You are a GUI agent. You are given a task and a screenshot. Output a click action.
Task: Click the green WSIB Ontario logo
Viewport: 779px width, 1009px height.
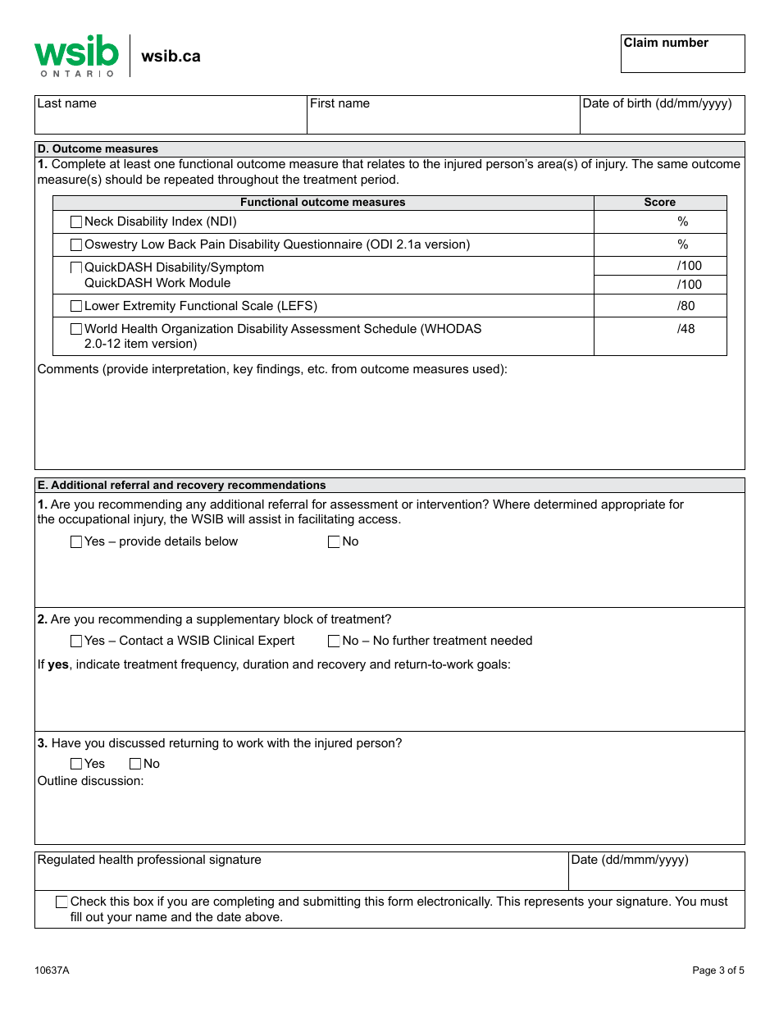tap(76, 56)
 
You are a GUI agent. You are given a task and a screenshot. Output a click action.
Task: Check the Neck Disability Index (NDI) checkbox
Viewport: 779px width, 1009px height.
tap(76, 221)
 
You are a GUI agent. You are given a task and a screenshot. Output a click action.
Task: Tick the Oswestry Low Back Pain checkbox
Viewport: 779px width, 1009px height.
tap(76, 244)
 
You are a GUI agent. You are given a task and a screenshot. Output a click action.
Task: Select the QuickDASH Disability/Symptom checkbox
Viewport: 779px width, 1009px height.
tap(76, 267)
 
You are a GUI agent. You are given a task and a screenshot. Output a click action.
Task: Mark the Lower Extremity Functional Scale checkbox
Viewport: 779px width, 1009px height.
tap(76, 306)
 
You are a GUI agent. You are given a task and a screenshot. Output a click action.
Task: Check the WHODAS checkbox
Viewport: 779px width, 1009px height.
tap(76, 329)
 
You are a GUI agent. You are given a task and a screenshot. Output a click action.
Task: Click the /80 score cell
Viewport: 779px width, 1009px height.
tap(660, 306)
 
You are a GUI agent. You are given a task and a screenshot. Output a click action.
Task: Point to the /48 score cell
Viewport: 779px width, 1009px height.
tap(660, 336)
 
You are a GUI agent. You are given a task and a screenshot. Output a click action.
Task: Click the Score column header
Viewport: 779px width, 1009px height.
tap(660, 203)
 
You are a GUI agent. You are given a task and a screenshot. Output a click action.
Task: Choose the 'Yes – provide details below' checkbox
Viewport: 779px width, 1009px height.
tap(76, 541)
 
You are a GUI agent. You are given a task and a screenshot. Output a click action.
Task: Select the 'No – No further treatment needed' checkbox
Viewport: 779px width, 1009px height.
tap(334, 641)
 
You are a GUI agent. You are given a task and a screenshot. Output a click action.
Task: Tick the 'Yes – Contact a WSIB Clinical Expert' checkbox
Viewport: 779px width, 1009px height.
tap(76, 641)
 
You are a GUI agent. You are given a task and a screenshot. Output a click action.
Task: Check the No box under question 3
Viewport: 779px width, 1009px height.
tap(135, 764)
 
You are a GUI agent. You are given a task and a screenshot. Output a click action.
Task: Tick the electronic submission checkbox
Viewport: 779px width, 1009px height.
tap(61, 902)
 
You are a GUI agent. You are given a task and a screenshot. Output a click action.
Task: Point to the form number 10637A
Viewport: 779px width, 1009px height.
tap(52, 970)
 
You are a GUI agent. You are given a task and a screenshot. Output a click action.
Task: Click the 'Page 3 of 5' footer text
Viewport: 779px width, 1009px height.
tap(718, 970)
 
